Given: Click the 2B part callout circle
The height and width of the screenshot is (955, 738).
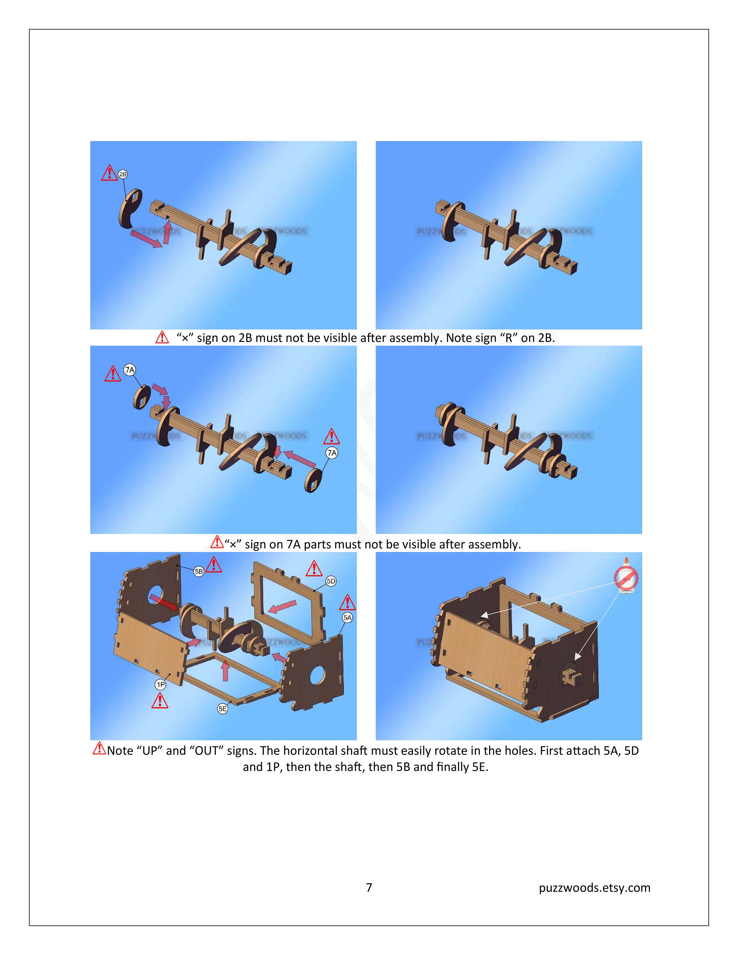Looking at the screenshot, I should (123, 174).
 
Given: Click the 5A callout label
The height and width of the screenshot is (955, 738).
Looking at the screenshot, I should (347, 618).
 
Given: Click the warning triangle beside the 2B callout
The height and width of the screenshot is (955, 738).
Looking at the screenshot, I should (109, 173).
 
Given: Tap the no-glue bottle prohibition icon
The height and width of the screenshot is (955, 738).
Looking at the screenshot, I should (626, 578).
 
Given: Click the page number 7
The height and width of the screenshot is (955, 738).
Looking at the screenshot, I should (369, 887).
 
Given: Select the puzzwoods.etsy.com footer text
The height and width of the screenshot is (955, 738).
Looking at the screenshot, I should (595, 887).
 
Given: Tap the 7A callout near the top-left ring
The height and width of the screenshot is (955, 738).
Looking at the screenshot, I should (130, 370).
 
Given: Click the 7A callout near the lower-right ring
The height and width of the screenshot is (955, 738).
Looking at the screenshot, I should (332, 453).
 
